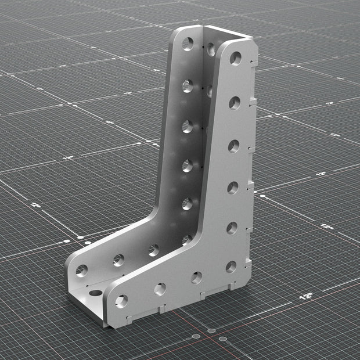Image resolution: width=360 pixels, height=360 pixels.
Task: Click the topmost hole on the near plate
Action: click(236, 58)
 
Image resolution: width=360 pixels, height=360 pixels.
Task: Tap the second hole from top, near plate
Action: click(235, 103)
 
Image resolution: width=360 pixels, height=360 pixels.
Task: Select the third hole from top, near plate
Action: click(233, 146)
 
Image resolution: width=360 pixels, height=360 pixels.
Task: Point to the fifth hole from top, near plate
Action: click(232, 228)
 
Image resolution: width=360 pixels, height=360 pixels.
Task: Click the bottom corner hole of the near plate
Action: click(231, 267)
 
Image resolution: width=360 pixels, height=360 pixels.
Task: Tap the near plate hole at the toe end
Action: click(122, 301)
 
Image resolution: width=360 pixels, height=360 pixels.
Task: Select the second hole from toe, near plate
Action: click(160, 289)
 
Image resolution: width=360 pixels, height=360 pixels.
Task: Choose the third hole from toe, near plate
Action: click(197, 278)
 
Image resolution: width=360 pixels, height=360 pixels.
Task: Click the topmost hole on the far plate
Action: click(188, 44)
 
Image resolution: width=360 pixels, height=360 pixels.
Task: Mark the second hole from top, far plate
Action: click(187, 86)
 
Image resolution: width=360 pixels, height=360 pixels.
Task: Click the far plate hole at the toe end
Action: click(82, 271)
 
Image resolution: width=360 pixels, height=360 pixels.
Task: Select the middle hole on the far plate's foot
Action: click(118, 260)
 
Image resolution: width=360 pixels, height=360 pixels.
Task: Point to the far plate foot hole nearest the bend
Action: click(153, 250)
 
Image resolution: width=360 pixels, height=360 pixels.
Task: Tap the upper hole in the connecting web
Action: click(210, 51)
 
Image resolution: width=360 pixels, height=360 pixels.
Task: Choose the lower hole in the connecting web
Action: click(209, 91)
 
